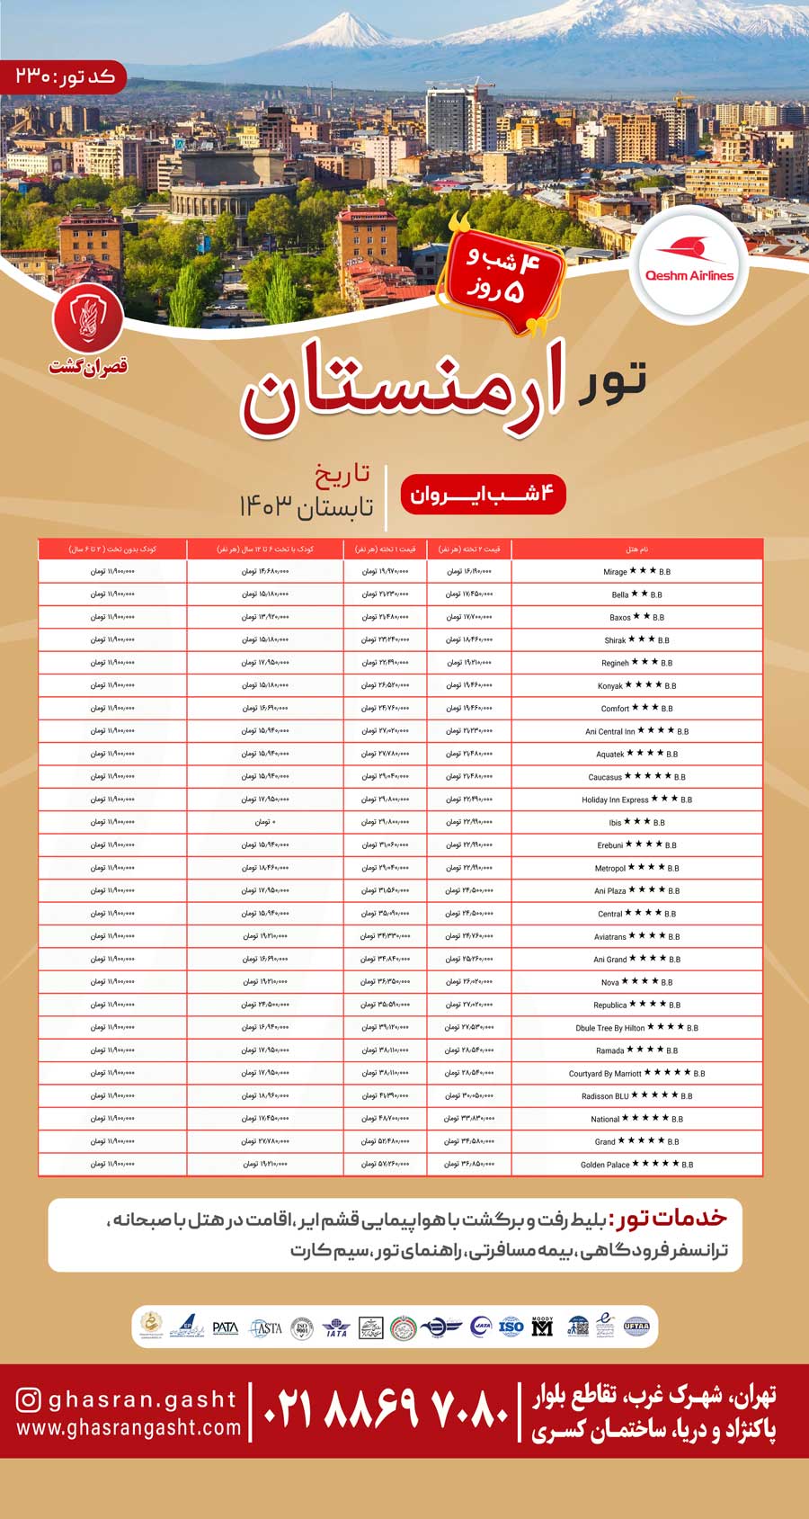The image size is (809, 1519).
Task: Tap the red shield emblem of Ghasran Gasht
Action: (x=87, y=319)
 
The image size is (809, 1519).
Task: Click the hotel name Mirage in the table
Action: (x=616, y=572)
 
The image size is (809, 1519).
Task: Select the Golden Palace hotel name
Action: (x=605, y=1165)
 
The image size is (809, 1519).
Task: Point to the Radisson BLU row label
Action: (x=605, y=1096)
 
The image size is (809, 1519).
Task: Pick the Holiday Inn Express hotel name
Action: (x=615, y=800)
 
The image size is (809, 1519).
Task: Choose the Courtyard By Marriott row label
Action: (x=605, y=1074)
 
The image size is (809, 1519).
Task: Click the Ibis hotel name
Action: (x=615, y=823)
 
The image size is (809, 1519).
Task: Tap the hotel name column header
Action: (x=636, y=549)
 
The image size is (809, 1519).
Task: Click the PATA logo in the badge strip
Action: (x=225, y=1327)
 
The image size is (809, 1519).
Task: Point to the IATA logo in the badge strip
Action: (x=336, y=1327)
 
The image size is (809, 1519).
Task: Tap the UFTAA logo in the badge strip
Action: (x=636, y=1327)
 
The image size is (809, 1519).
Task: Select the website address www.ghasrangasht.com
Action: (x=129, y=1427)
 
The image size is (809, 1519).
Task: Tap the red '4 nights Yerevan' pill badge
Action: (x=483, y=495)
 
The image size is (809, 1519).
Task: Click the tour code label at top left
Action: (x=65, y=76)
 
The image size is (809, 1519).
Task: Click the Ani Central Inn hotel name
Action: (x=610, y=732)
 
